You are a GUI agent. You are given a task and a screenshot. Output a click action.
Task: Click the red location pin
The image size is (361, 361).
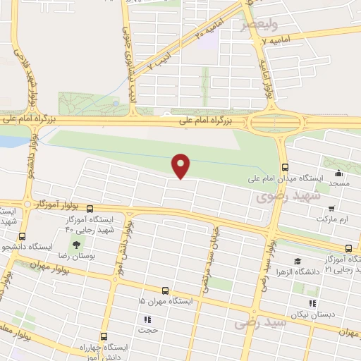coord(181,165)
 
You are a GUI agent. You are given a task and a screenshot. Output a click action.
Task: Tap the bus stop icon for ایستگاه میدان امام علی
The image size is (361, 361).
coord(285,167)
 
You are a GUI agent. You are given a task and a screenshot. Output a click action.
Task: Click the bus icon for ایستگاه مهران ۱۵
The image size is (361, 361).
coord(165,290)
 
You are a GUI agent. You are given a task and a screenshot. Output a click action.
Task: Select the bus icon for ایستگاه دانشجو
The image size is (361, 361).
coord(23,237)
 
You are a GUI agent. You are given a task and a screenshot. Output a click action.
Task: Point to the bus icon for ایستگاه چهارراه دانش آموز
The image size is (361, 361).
coord(104,336)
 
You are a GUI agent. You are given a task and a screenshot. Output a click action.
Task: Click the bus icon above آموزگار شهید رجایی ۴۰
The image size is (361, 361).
coord(90,209)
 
